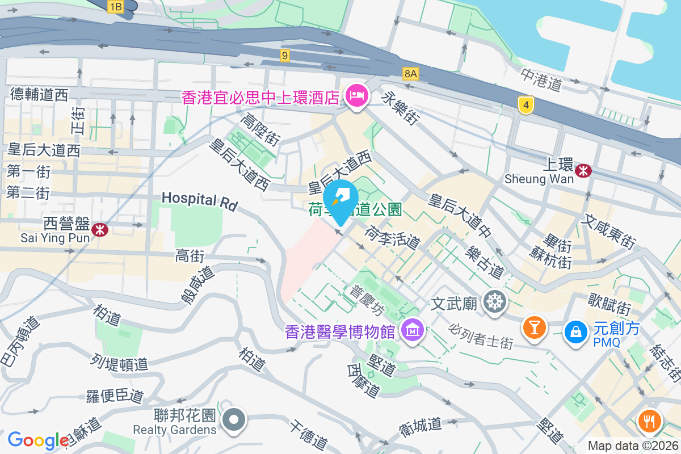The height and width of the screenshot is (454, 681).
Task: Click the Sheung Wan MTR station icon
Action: coord(583,170)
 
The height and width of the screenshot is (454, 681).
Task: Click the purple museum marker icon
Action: coord(413,329)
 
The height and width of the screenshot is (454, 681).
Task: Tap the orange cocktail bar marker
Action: coord(534,327)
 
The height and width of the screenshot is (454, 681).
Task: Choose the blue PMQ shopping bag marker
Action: coord(575,331)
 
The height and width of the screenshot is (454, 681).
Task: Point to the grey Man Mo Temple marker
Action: coord(494,301)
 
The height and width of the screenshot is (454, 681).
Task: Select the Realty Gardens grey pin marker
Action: coord(233,421)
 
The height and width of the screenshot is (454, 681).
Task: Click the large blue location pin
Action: coord(340,200)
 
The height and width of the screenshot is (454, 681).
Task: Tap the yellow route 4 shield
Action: coord(527,105)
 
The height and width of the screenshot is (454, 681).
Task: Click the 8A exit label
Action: coord(411,73)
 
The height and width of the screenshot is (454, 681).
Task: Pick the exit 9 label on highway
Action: coord(285,55)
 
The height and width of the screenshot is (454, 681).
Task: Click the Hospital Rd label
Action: coord(199,200)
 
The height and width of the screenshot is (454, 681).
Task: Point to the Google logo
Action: coord(38,440)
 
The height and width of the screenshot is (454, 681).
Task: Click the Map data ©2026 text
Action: coord(633,446)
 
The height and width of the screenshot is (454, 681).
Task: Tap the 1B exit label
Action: coord(116,7)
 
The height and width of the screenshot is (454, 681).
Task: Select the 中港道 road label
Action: coord(541,79)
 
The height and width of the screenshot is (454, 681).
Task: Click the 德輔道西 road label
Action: coord(39,94)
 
